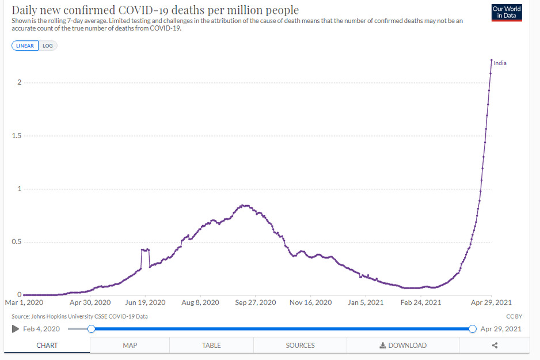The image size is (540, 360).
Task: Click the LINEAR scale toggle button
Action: tap(25, 46)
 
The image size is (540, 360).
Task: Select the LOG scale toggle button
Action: tap(48, 46)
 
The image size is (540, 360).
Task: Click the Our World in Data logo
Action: tap(507, 12)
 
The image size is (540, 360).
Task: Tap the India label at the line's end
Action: tap(500, 63)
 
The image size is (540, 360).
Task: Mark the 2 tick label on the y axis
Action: tap(19, 83)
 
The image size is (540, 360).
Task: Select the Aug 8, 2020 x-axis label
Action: tap(200, 302)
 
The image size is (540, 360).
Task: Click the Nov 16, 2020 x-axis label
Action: tap(311, 302)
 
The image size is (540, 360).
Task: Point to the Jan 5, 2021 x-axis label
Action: tap(366, 302)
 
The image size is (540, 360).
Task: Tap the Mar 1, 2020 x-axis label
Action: tap(24, 302)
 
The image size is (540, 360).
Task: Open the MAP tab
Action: tap(130, 346)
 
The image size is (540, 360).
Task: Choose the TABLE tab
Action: tap(211, 346)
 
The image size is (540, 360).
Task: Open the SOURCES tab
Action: tap(300, 346)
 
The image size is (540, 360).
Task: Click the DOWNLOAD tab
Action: tap(403, 346)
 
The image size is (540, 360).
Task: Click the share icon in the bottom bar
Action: tap(495, 346)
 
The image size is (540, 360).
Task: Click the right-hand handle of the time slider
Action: tap(472, 329)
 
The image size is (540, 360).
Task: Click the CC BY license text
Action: tap(514, 316)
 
